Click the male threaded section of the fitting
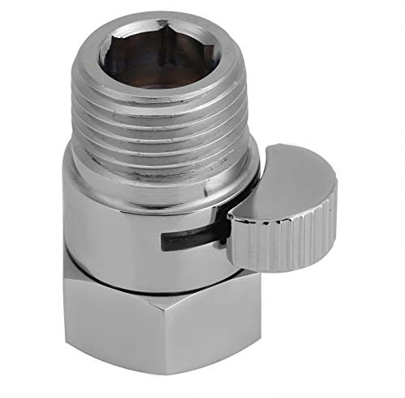click(173, 121)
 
